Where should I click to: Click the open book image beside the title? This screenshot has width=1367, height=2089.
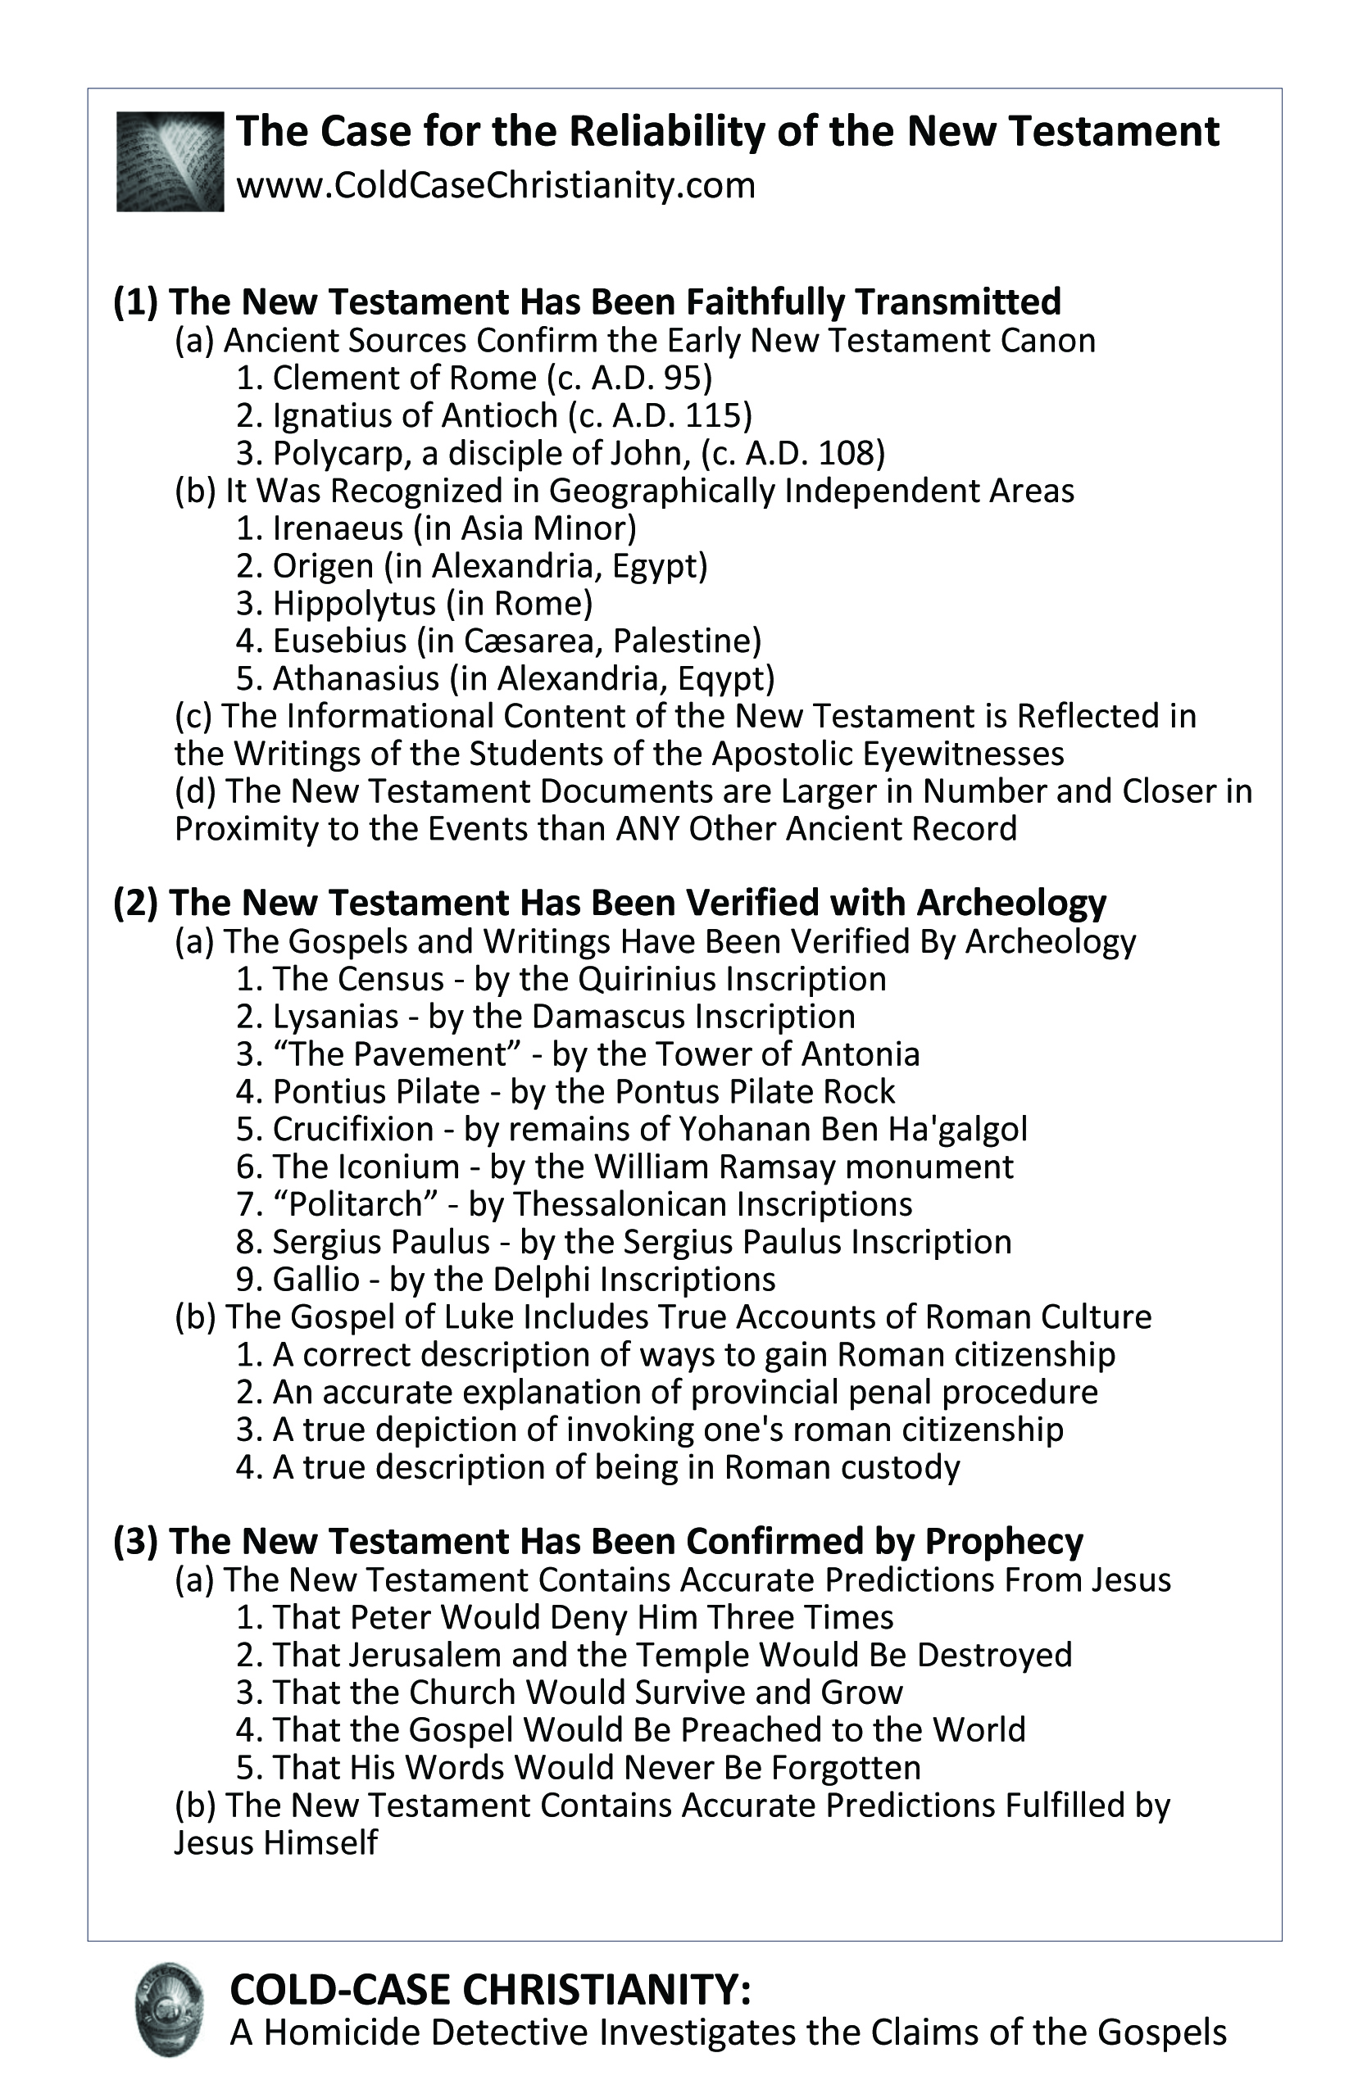click(170, 161)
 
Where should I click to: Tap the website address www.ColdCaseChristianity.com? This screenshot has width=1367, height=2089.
click(495, 186)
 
